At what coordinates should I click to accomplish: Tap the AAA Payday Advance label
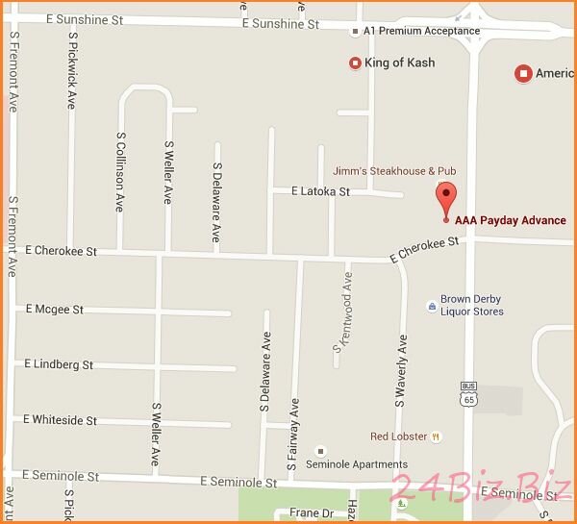[x=511, y=220]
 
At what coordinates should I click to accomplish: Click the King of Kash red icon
[x=355, y=63]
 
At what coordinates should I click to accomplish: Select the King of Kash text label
[x=399, y=63]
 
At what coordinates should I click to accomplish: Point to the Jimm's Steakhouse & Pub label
[x=394, y=171]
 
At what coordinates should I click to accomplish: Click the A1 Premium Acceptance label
[x=422, y=31]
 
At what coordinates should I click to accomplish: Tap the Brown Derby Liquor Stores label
[x=471, y=305]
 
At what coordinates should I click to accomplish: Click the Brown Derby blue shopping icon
[x=431, y=306]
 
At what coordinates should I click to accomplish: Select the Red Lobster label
[x=399, y=437]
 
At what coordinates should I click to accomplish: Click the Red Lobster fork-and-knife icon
[x=436, y=437]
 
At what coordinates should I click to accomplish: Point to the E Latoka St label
[x=320, y=192]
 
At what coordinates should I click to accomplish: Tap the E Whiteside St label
[x=60, y=420]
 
